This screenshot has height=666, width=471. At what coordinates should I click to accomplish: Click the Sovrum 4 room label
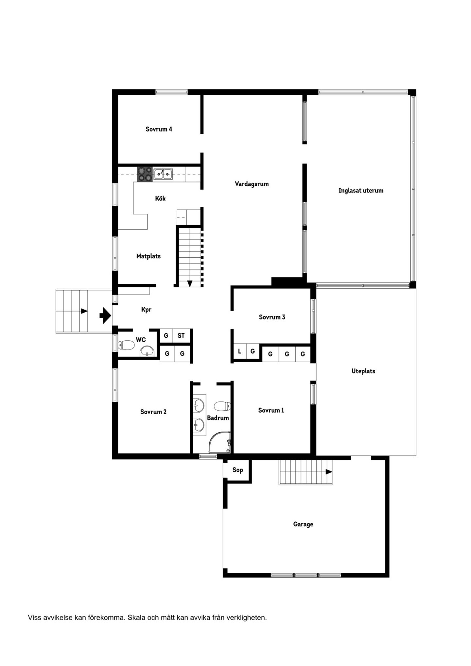(159, 129)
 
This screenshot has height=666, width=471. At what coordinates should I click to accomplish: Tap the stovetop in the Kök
(145, 174)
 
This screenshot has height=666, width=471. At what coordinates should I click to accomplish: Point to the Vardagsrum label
(252, 184)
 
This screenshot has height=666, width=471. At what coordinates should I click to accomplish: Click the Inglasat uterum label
(361, 191)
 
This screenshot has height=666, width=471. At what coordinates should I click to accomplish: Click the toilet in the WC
(126, 345)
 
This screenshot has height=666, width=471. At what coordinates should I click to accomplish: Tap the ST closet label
(181, 335)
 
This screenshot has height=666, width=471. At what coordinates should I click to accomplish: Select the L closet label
(239, 351)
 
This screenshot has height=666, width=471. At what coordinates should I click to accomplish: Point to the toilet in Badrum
(222, 406)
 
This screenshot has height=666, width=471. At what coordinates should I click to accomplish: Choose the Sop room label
(237, 470)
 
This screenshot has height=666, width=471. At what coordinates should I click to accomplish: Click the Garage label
(303, 524)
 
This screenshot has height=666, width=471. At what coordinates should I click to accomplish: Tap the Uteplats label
(363, 371)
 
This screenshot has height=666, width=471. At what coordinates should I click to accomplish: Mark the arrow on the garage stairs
(329, 472)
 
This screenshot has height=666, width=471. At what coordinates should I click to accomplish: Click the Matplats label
(148, 256)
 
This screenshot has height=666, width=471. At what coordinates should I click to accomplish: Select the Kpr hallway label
(146, 310)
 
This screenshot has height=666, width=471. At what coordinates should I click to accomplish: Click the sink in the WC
(147, 351)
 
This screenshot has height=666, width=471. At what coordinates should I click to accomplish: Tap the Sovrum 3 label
(272, 317)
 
